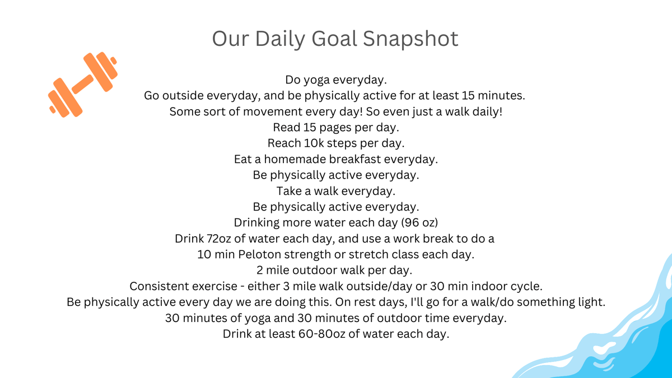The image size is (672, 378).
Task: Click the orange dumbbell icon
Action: pyautogui.click(x=83, y=85)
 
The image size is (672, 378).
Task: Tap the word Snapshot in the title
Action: pyautogui.click(x=410, y=39)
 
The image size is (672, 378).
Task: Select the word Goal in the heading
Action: pyautogui.click(x=334, y=39)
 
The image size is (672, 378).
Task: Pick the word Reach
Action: pyautogui.click(x=284, y=143)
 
